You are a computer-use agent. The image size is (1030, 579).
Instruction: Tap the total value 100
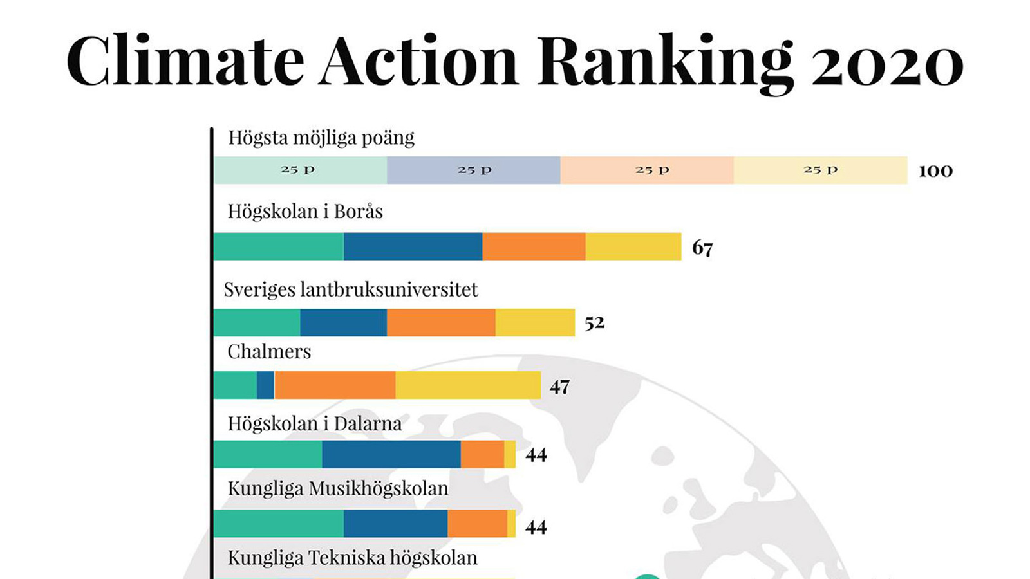pos(935,170)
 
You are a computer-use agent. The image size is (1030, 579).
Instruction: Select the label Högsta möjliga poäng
pos(321,138)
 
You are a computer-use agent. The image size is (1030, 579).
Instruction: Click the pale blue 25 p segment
pos(474,170)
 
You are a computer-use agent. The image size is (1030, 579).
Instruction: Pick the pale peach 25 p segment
pos(647,170)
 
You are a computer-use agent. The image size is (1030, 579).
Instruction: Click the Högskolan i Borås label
pos(305,212)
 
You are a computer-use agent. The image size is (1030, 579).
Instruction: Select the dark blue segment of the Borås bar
pos(413,246)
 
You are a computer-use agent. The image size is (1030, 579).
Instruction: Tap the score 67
pos(702,248)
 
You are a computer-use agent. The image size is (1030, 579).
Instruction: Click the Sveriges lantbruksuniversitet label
pos(351,289)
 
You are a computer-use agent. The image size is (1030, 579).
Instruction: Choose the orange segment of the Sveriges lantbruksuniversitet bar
pos(441,322)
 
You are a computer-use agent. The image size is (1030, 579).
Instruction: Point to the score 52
pos(594,322)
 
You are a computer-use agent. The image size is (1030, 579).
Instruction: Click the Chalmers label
pos(269,351)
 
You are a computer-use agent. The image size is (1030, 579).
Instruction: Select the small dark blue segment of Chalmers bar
pos(265,385)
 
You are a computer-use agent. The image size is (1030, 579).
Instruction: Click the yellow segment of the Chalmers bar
pos(468,385)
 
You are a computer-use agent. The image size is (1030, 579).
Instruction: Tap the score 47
pos(559,387)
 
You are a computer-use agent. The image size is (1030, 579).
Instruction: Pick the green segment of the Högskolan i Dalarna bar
pos(268,454)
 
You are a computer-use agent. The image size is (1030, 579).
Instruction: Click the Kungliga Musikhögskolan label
pos(338,488)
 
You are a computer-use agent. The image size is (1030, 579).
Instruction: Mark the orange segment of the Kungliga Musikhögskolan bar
pos(477,524)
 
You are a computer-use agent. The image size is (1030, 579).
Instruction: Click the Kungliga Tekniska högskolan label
pos(352,558)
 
